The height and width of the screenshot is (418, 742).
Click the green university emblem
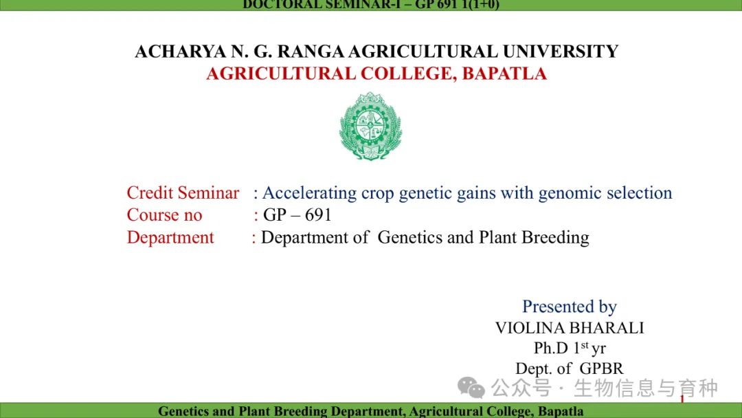(x=370, y=126)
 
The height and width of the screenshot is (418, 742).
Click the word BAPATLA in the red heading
(x=504, y=74)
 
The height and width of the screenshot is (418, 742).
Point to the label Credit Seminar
(x=183, y=192)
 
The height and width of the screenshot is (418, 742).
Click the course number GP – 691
(x=297, y=215)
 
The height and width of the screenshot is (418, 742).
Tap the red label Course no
(x=164, y=215)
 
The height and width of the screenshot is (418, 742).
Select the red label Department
(x=170, y=237)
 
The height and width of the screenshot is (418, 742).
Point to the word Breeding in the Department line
(x=556, y=237)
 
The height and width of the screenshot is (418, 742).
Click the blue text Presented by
(x=570, y=307)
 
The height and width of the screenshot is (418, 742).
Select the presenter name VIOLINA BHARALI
(x=570, y=327)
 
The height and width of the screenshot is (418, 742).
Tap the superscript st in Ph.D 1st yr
(x=585, y=344)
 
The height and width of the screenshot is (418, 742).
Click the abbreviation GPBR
(x=601, y=368)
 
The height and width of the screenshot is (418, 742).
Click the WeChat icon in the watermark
(x=471, y=388)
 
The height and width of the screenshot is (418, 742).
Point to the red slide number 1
(x=682, y=399)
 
